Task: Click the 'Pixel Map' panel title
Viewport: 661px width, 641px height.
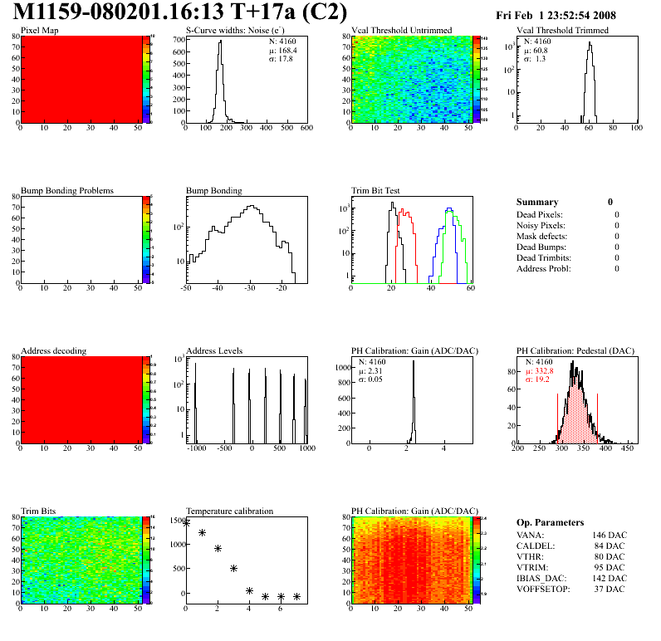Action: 40,31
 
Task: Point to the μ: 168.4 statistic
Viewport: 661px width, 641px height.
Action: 283,49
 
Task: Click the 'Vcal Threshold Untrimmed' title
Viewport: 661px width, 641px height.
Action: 401,31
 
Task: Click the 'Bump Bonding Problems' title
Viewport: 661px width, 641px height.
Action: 66,191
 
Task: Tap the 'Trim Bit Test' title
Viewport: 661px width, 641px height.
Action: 376,191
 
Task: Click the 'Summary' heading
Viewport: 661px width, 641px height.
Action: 536,202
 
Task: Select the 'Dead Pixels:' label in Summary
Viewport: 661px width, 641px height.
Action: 540,215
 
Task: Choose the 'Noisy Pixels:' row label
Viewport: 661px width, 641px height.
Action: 541,226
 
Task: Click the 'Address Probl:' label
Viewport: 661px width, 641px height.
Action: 543,268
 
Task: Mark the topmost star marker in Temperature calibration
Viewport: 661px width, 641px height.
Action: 186,522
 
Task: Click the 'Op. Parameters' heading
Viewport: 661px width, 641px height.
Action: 550,523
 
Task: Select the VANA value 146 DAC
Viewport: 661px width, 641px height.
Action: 609,536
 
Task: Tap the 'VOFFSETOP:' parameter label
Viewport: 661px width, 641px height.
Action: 544,589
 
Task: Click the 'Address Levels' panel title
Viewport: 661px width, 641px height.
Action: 214,351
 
